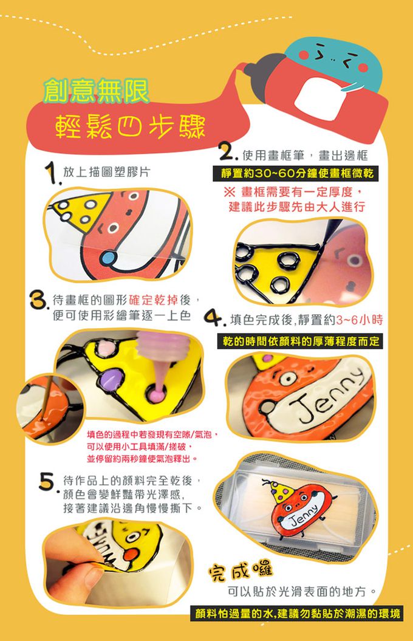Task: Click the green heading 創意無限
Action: [97, 91]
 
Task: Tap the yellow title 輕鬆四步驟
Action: [130, 126]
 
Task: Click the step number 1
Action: [52, 173]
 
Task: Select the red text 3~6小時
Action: [360, 320]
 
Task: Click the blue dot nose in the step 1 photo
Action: [109, 258]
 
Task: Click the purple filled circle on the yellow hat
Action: [111, 380]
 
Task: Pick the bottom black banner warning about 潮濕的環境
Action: [298, 614]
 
